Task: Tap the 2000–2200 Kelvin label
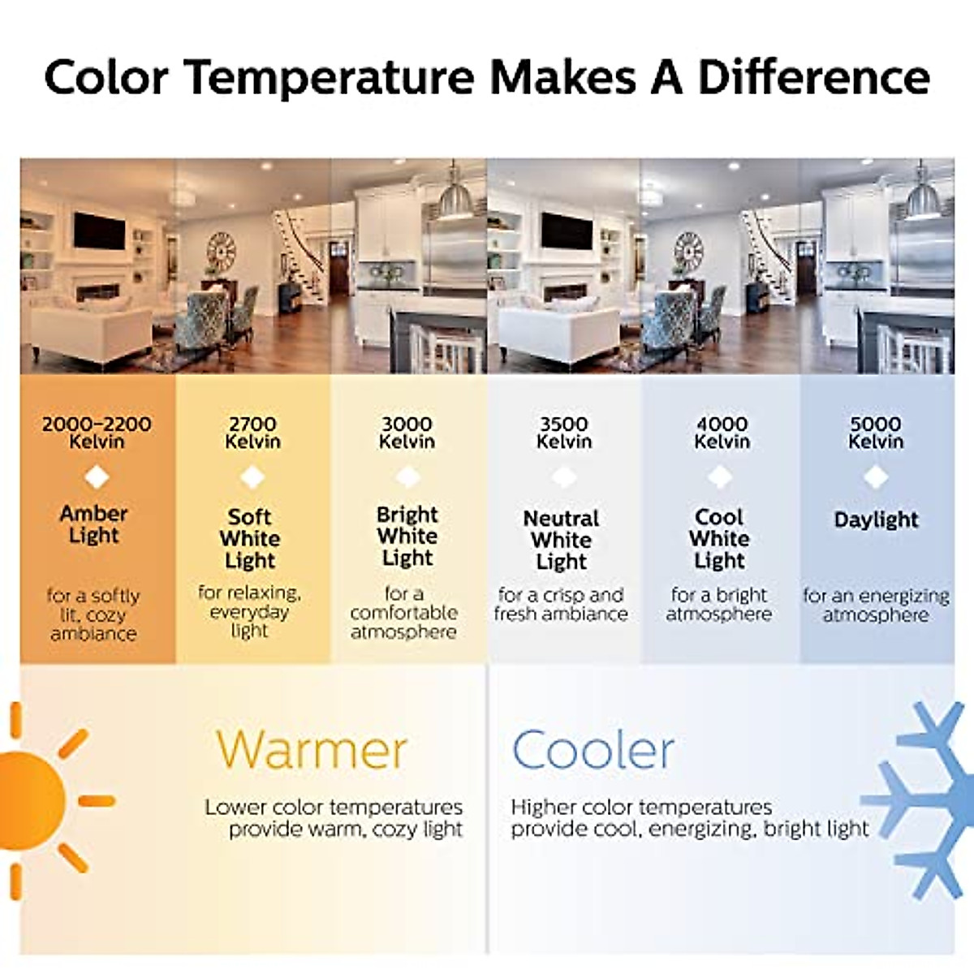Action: tap(97, 433)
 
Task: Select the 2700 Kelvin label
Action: tap(252, 433)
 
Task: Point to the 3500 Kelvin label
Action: tap(563, 433)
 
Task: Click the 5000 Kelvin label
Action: tap(876, 433)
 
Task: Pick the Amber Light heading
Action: tap(93, 524)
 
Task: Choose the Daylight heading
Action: tap(876, 520)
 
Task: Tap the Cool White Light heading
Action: tap(719, 539)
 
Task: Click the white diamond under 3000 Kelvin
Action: tap(407, 477)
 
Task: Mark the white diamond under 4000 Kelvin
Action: tap(720, 477)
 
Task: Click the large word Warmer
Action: tap(312, 750)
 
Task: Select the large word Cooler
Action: tap(593, 750)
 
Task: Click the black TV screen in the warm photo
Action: tap(99, 231)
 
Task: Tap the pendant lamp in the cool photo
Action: tap(923, 197)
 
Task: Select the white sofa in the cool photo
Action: tap(558, 331)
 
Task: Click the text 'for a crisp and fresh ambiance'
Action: tap(561, 605)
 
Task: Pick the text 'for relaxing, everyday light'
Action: tap(250, 612)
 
